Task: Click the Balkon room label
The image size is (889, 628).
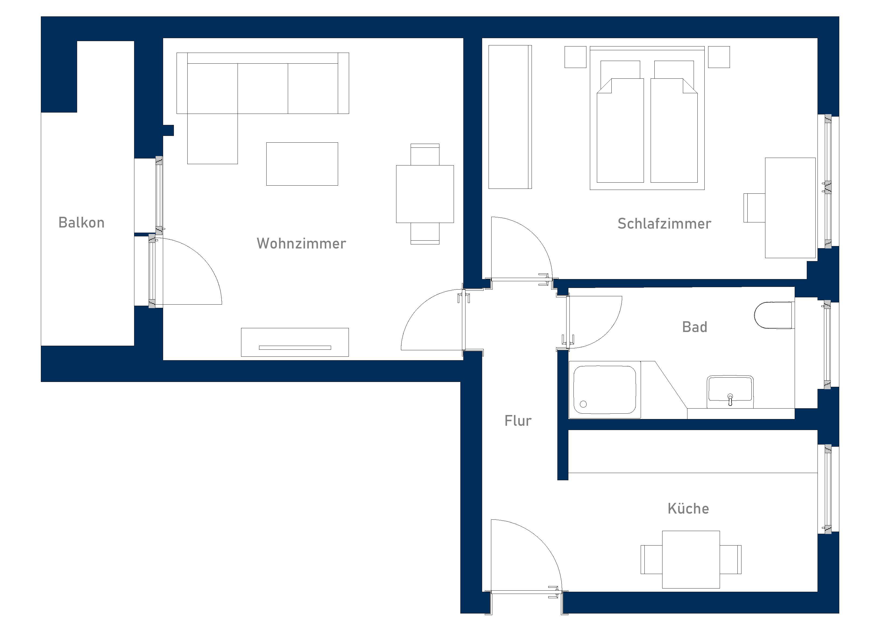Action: [x=81, y=223]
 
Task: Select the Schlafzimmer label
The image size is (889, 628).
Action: [x=664, y=224]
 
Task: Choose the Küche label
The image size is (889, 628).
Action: [x=688, y=509]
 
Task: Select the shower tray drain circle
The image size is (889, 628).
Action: [x=583, y=404]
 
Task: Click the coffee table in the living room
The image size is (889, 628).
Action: [x=302, y=164]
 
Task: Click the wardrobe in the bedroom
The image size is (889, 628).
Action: [x=510, y=117]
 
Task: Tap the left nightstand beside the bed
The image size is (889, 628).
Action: [x=575, y=57]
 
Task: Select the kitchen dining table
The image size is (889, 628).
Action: [x=691, y=560]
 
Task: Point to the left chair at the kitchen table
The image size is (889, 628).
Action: [x=651, y=560]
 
